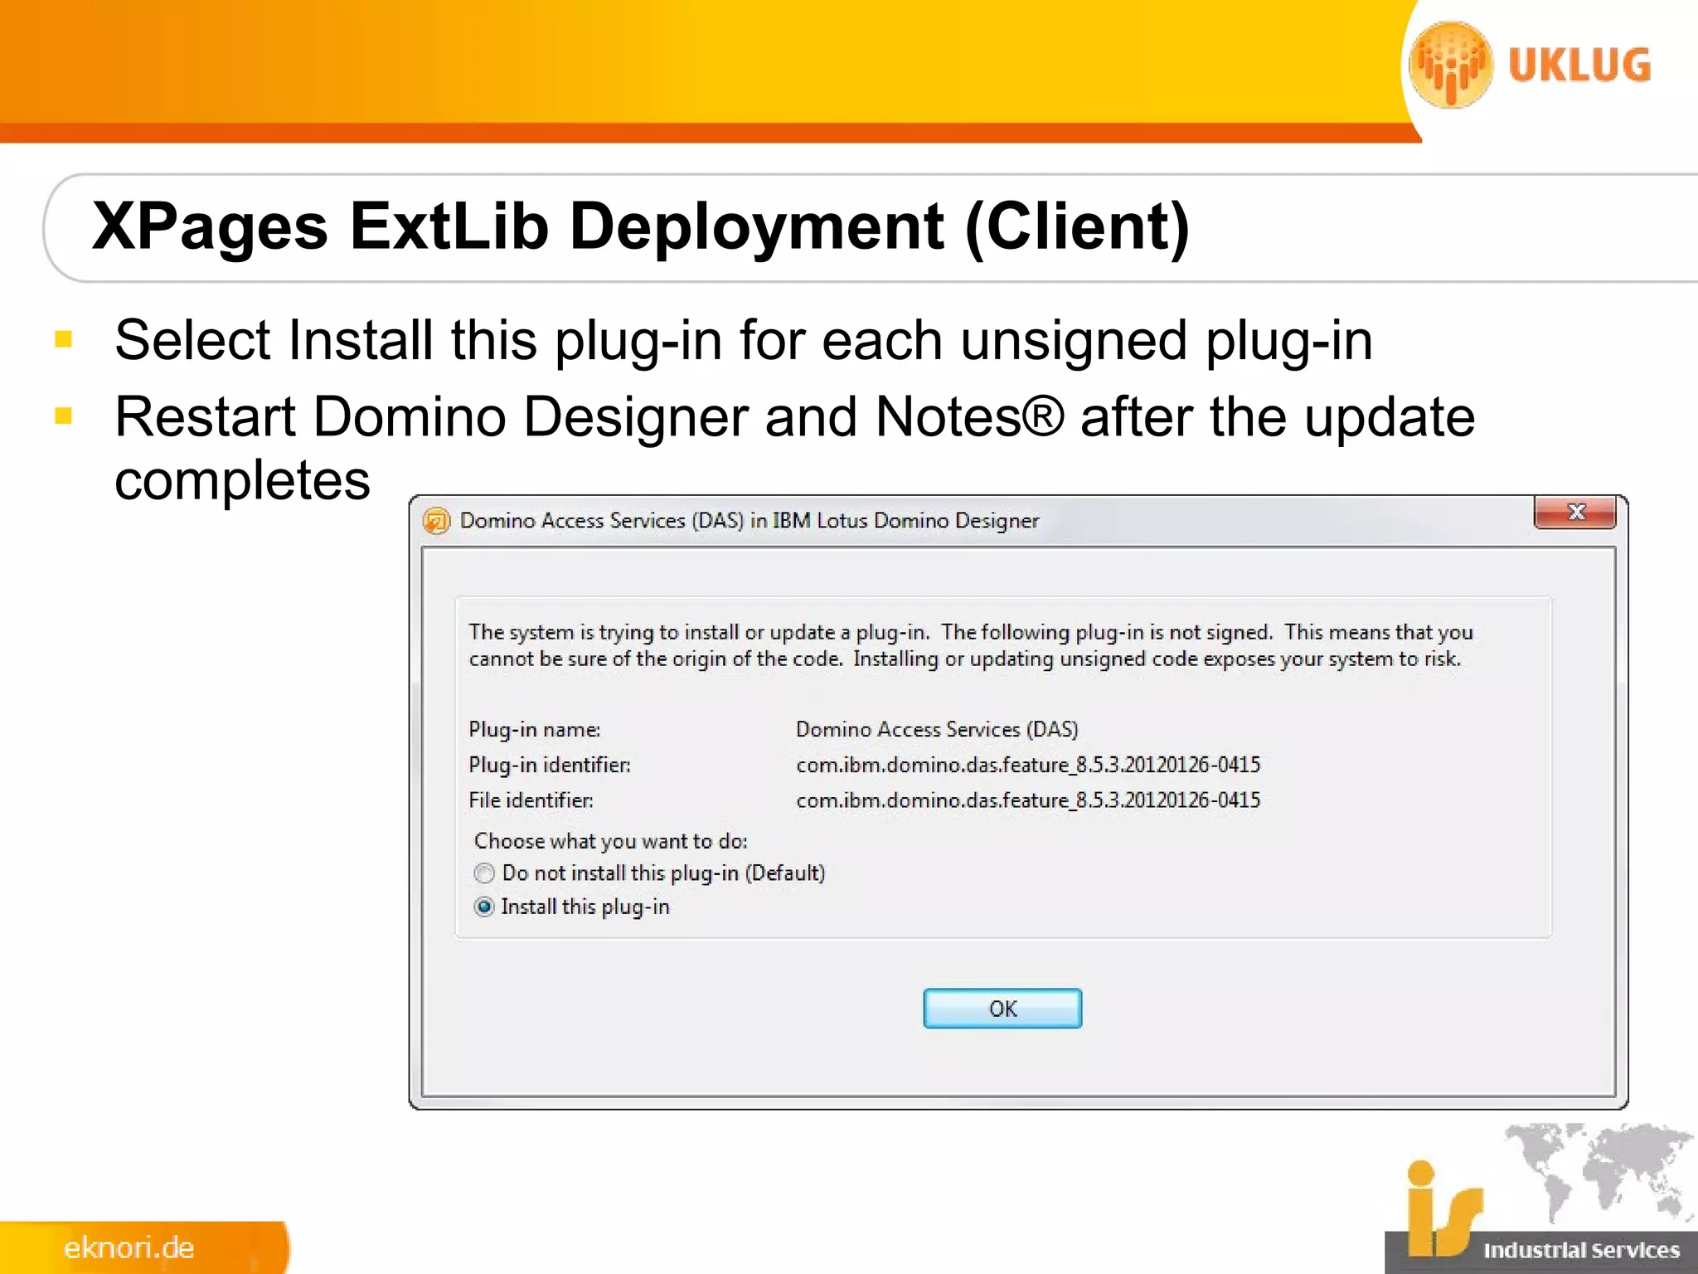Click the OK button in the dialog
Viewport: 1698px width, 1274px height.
(1002, 1009)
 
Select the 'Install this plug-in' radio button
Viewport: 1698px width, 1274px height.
(485, 907)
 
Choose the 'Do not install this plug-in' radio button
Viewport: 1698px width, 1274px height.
(485, 873)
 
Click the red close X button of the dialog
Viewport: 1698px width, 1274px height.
(1575, 513)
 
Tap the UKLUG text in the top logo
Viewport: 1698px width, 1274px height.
(1579, 66)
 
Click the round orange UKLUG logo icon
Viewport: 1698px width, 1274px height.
(1451, 66)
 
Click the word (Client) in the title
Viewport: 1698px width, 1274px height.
(1077, 226)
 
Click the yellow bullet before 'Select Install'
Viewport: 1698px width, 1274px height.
(64, 338)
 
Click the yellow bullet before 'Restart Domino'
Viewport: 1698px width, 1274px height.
(64, 415)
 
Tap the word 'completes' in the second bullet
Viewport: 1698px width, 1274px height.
(242, 480)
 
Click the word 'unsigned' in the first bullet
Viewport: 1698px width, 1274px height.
(1074, 340)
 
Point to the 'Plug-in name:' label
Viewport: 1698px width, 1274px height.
(534, 730)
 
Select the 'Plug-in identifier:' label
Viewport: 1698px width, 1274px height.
(549, 765)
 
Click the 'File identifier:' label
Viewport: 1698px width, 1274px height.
(531, 800)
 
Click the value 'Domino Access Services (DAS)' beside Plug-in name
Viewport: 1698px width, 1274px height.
(937, 730)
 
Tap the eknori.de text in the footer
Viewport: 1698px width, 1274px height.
(129, 1248)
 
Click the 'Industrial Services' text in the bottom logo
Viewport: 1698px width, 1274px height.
(1581, 1250)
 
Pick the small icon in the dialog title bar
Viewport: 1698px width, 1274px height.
(437, 521)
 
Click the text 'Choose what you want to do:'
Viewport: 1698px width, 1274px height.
(610, 841)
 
